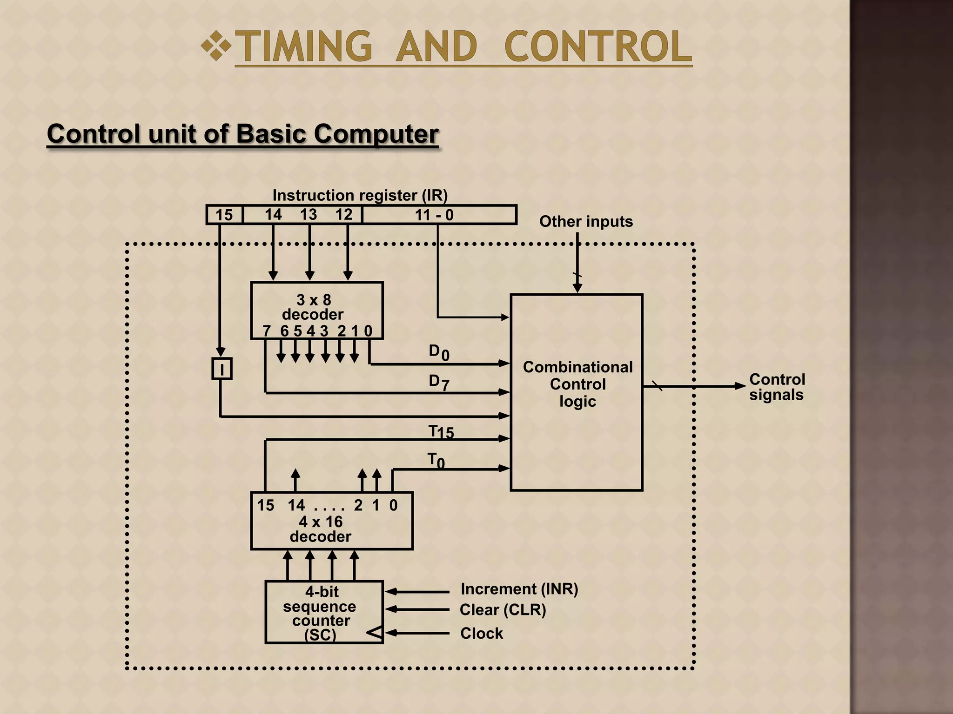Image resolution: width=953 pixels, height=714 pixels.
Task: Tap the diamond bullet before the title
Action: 216,46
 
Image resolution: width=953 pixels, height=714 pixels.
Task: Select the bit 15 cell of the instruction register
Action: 224,215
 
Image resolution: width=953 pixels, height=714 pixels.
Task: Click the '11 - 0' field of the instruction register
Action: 434,215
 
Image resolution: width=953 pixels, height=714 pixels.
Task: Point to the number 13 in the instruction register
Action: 308,214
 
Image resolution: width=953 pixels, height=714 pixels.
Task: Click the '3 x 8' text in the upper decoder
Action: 314,300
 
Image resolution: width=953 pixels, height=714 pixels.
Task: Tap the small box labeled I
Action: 222,369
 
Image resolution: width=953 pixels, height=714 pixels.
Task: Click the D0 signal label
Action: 438,352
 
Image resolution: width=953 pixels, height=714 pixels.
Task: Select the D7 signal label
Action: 438,382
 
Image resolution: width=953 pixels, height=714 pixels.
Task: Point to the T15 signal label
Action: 441,432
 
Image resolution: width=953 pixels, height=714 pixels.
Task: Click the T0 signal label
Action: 436,461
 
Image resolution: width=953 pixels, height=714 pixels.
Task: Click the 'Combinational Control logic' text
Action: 577,384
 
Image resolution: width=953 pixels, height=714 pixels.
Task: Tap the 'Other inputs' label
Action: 586,221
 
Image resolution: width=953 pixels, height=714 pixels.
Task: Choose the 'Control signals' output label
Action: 777,387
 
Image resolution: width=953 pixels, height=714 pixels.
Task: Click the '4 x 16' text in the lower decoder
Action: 321,522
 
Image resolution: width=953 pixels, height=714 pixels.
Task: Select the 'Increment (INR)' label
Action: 519,589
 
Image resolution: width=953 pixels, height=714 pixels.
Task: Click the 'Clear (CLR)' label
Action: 503,609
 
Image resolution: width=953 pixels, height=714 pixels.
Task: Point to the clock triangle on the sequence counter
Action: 375,633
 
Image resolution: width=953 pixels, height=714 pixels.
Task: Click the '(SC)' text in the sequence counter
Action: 320,635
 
